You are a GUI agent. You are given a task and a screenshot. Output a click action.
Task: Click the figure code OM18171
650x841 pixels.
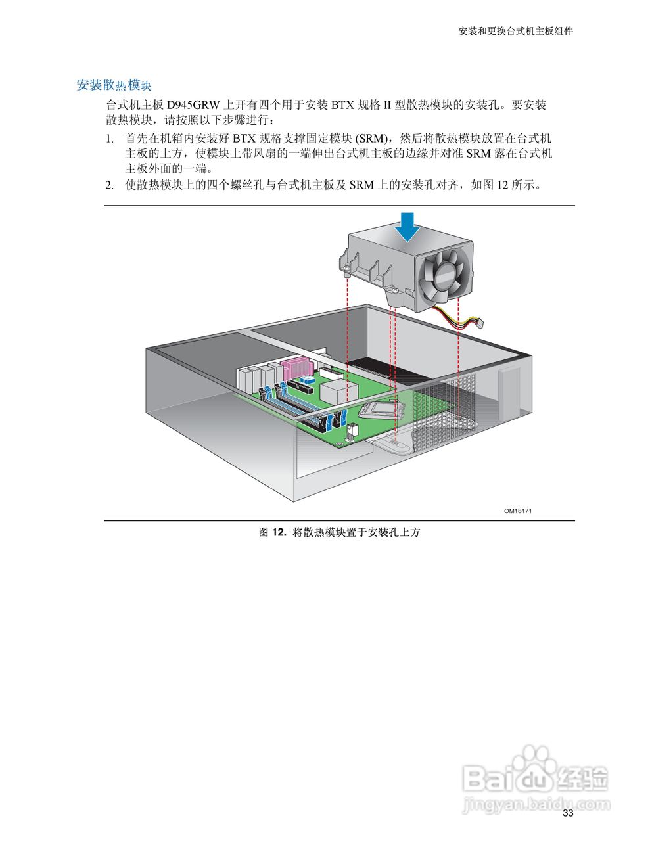click(x=518, y=511)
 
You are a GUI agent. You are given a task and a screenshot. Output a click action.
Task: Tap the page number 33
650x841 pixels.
click(x=568, y=813)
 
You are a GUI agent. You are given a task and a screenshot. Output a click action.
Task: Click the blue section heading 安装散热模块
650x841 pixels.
click(x=114, y=85)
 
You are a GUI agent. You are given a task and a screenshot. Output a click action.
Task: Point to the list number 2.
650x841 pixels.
click(x=110, y=185)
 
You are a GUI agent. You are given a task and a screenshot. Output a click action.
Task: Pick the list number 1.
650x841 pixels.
click(x=110, y=139)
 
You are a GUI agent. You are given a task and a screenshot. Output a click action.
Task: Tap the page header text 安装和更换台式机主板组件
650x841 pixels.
click(x=515, y=31)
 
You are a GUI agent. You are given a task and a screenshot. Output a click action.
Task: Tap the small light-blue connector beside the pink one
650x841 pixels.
click(x=306, y=380)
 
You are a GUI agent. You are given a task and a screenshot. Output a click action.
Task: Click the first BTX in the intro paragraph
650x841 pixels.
click(x=341, y=105)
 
